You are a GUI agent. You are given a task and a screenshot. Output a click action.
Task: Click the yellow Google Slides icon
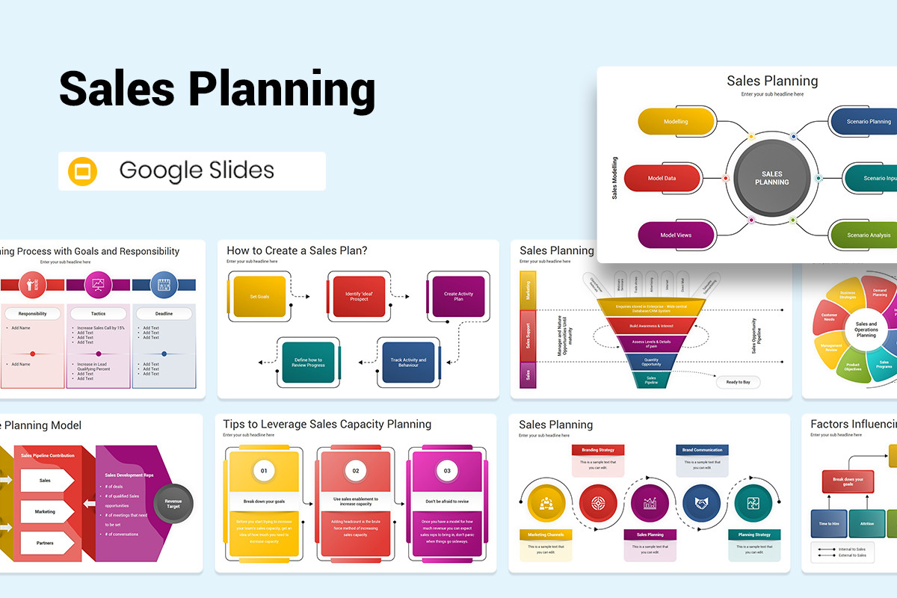pos(83,171)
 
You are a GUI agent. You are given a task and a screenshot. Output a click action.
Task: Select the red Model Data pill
pos(662,179)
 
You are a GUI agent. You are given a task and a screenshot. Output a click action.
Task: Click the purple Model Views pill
pos(676,235)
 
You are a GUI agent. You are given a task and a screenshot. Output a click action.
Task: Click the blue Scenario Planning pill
pos(868,122)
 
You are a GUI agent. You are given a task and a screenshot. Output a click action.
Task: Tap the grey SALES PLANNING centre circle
pos(772,179)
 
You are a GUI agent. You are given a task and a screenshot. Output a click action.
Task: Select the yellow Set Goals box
pos(260,297)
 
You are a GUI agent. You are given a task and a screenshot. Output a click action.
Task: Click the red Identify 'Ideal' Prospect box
pos(359,297)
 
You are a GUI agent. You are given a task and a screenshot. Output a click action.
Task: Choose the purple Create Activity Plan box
pos(458,297)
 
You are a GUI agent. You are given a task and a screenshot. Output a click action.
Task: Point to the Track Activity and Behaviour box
pos(408,363)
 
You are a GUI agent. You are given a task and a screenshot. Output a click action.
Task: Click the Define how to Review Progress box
pos(309,363)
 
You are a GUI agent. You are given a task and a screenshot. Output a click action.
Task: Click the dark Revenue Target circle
pos(173,502)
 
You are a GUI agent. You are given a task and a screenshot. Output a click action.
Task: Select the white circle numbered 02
pos(356,471)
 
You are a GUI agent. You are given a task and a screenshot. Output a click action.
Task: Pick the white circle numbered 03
pos(448,471)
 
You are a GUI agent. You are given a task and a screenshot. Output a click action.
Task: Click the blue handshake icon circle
pos(701,503)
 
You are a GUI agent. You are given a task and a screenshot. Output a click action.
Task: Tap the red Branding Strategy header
pos(598,450)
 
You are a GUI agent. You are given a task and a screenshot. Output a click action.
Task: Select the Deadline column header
pos(164,314)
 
